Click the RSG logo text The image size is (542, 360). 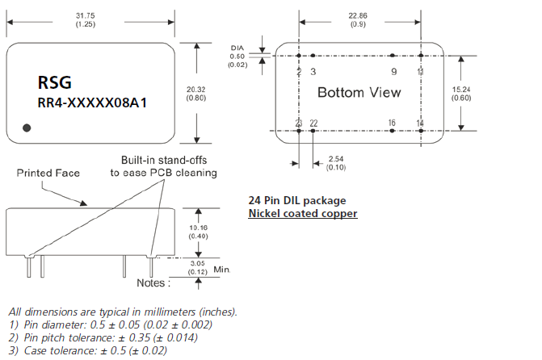pyautogui.click(x=55, y=82)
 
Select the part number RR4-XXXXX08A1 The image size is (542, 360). pyautogui.click(x=92, y=103)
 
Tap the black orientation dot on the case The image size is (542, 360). pyautogui.click(x=27, y=127)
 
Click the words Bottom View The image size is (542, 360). pyautogui.click(x=359, y=92)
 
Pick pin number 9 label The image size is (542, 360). pyautogui.click(x=393, y=72)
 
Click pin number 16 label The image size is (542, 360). pyautogui.click(x=392, y=123)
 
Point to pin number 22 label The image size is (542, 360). pyautogui.click(x=314, y=123)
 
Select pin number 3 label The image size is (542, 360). pyautogui.click(x=313, y=72)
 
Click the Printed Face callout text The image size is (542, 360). pyautogui.click(x=49, y=173)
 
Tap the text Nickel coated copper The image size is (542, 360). pyautogui.click(x=302, y=213)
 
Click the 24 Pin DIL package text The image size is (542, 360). pyautogui.click(x=296, y=200)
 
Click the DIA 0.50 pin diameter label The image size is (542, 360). pyautogui.click(x=237, y=56)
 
